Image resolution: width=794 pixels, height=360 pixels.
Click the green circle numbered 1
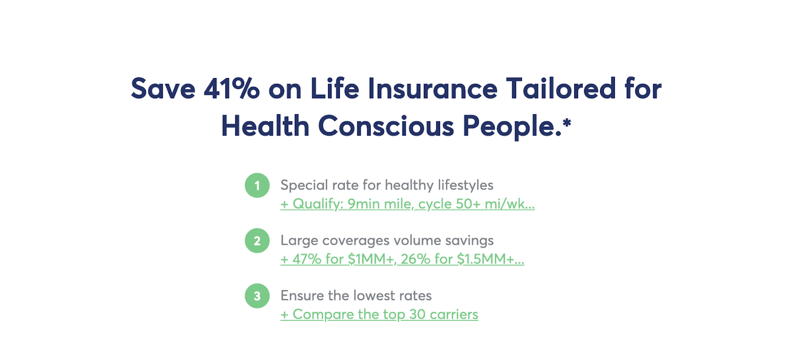tap(257, 185)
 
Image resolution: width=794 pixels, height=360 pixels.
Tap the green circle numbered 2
tap(257, 240)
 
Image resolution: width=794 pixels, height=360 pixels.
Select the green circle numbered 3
tap(257, 296)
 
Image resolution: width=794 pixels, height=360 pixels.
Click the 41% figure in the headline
tap(231, 89)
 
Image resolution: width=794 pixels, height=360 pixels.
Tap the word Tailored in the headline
tap(561, 89)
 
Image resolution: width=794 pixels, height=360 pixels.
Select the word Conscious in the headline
tap(386, 126)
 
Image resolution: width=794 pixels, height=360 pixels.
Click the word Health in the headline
tap(265, 126)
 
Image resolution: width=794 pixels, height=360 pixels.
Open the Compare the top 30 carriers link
tap(379, 315)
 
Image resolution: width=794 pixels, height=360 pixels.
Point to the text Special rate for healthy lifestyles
tap(387, 185)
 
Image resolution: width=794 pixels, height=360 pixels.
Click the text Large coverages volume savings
tap(387, 240)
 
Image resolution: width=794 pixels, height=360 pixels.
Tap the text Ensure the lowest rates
tap(356, 295)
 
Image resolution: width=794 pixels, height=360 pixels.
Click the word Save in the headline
tap(163, 89)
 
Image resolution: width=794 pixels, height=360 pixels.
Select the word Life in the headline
tap(335, 89)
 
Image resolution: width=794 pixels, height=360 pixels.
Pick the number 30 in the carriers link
tap(417, 314)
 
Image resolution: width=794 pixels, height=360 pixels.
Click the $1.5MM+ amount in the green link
tap(485, 259)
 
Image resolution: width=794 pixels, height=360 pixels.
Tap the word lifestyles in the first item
tap(465, 185)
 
